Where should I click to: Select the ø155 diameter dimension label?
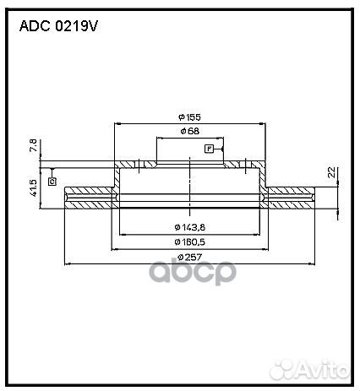188,117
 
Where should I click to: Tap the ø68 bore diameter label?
188,133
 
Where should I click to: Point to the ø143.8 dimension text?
188,226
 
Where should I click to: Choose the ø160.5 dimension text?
188,242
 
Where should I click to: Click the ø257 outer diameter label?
188,257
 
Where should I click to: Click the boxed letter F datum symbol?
208,149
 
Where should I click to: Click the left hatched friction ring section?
88,200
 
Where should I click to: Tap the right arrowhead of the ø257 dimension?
312,263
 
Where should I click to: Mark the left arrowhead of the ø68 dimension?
157,138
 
